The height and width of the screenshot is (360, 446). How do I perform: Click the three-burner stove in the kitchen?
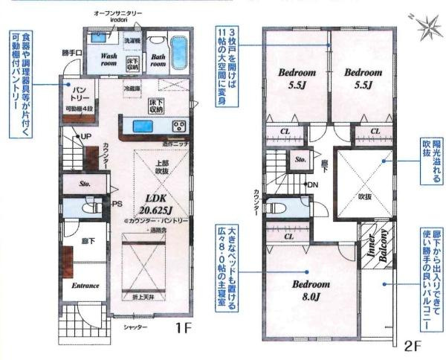point(179,125)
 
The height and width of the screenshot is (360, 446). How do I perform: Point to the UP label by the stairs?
point(85,137)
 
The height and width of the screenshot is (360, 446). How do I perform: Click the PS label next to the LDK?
point(117,203)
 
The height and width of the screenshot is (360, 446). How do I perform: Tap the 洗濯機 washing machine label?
point(132,39)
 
